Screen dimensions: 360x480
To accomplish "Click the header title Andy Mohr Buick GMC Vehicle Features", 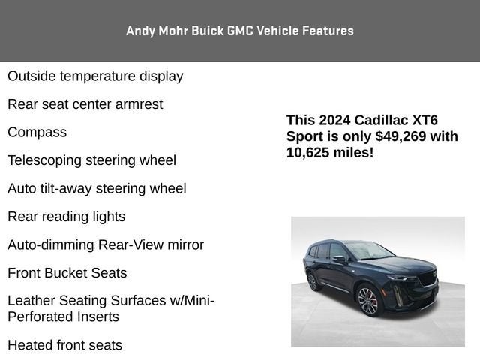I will tap(240, 31).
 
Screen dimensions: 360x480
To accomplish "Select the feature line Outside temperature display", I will tap(95, 76).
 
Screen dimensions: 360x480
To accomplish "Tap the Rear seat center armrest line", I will tap(85, 104).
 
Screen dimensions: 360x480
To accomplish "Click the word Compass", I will tap(37, 132).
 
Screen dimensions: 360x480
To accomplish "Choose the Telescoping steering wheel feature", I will tap(91, 160).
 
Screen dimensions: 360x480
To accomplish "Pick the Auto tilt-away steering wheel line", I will tap(97, 188).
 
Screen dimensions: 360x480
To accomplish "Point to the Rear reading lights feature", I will tap(66, 217).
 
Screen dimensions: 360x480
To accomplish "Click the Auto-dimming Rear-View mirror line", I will tap(106, 244).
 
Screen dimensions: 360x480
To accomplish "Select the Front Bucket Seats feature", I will tap(67, 273).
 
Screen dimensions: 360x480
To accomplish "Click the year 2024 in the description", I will tap(333, 120).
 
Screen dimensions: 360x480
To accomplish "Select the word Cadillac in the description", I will tap(382, 120).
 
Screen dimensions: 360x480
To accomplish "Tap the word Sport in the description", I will tap(304, 136).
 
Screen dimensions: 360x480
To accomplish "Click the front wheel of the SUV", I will tap(369, 301).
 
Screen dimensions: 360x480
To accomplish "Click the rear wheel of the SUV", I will tap(312, 280).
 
